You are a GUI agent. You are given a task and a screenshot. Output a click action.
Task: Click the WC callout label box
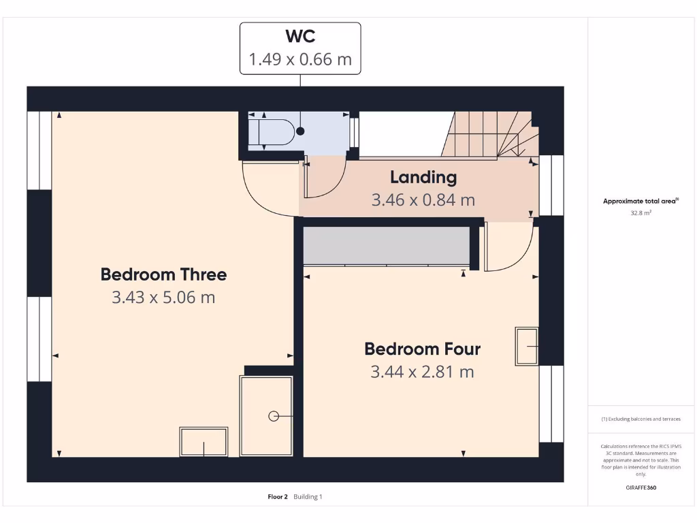tap(300, 48)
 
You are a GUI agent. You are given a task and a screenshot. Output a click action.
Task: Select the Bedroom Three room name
tap(163, 274)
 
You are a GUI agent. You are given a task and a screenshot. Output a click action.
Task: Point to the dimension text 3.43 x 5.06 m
tap(163, 298)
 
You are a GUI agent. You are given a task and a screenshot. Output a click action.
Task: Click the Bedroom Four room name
tap(422, 349)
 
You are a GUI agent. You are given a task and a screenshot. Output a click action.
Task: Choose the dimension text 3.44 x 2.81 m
tap(422, 372)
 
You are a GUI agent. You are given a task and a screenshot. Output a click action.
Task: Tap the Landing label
tap(423, 178)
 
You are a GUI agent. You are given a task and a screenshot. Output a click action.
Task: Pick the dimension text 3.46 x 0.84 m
tap(423, 200)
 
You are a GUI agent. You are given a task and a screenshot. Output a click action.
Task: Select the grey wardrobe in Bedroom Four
tap(387, 245)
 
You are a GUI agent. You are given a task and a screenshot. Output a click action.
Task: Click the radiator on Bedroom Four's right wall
tap(526, 346)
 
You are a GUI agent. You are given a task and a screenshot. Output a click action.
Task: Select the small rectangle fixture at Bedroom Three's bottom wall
tap(204, 442)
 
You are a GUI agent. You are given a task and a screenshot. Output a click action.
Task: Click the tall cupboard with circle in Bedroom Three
tap(267, 415)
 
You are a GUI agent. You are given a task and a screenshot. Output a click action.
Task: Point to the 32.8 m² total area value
tap(641, 213)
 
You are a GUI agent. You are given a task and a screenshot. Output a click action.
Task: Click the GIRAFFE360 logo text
tap(641, 488)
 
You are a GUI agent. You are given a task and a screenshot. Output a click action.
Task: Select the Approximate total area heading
tap(641, 201)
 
